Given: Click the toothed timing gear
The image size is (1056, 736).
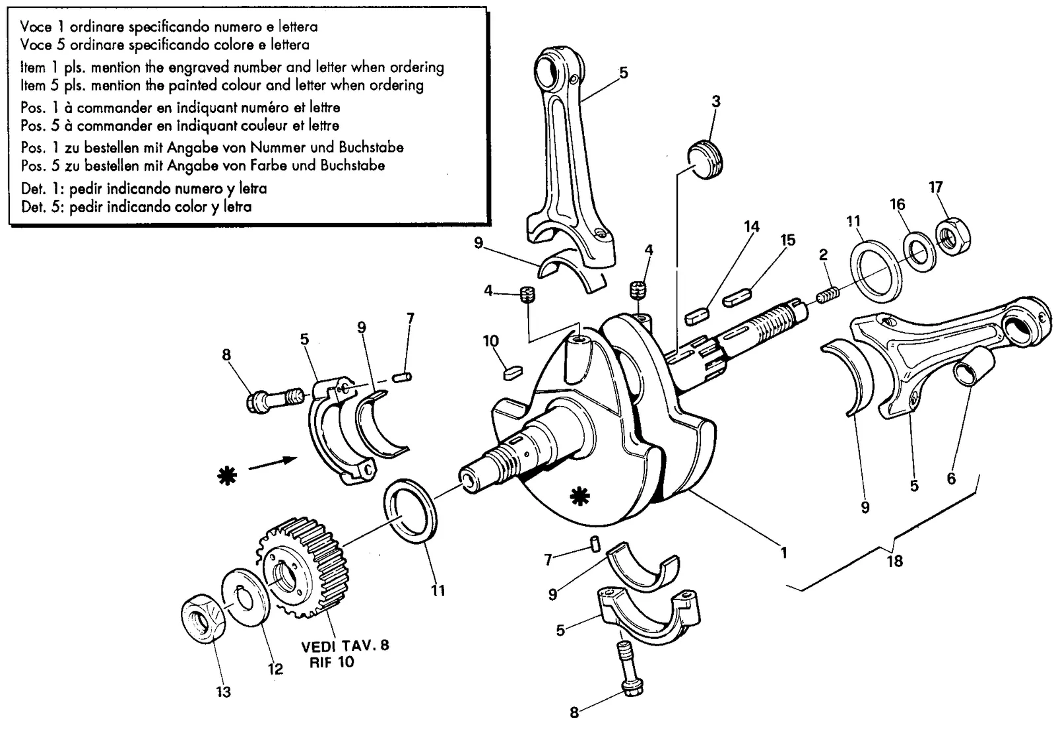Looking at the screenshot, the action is click(302, 569).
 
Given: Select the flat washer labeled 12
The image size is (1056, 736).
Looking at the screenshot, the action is click(246, 597).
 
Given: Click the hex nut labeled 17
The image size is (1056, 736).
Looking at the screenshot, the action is click(953, 236).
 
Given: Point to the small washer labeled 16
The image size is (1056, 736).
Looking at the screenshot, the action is click(920, 251).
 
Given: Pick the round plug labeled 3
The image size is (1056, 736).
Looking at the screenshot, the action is click(705, 160).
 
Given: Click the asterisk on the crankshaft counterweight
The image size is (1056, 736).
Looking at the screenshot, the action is click(579, 496).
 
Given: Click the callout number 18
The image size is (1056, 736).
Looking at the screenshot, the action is click(894, 561).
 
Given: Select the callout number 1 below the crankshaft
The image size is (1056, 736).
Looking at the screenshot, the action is click(784, 552).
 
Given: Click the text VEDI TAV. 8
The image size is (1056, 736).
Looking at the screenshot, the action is click(345, 645).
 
